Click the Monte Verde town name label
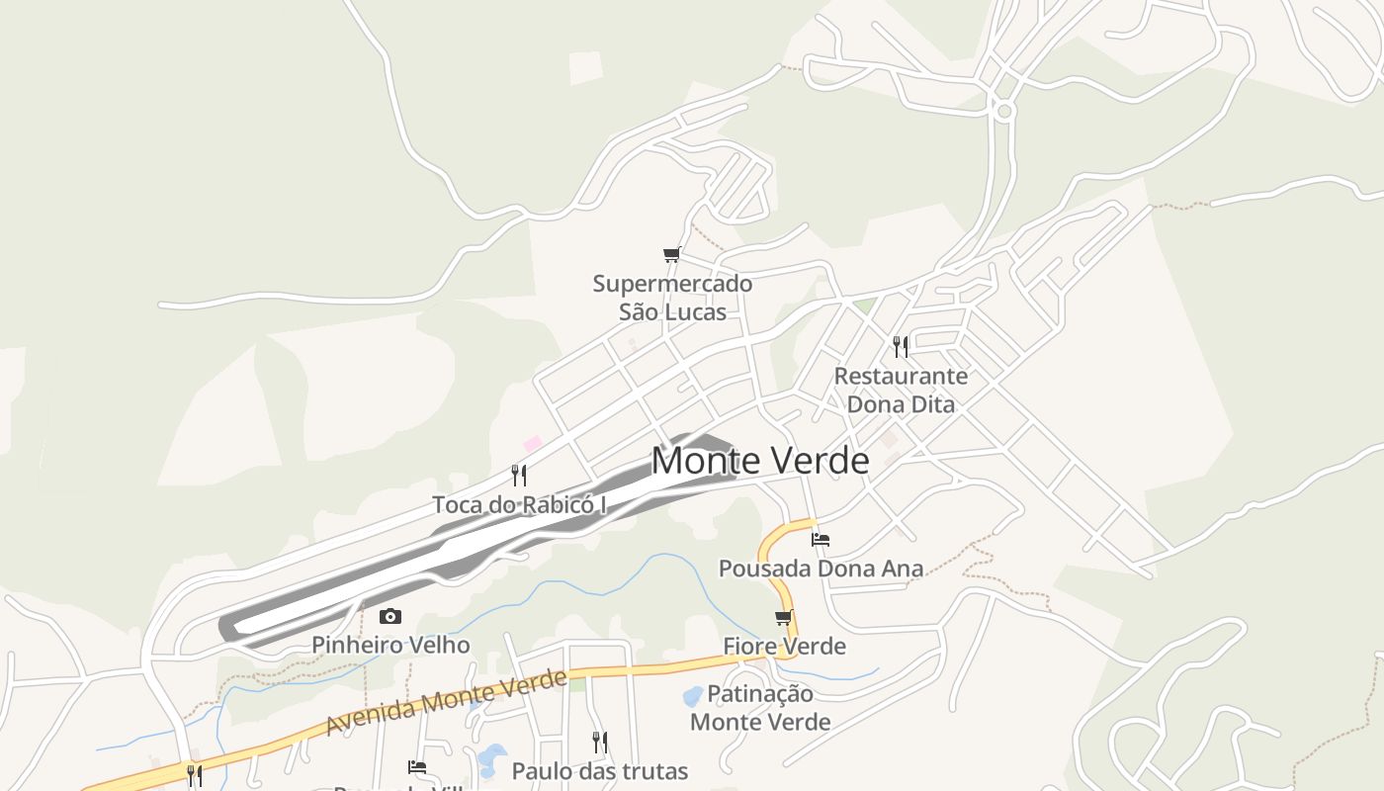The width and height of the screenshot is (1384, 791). tap(760, 461)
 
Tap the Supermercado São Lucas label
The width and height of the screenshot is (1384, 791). tap(672, 298)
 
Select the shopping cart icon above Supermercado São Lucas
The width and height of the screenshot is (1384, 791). tap(672, 255)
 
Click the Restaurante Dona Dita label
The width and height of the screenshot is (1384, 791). tap(901, 390)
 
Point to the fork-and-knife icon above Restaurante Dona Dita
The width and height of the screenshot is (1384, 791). tap(901, 346)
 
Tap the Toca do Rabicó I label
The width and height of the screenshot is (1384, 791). tap(519, 504)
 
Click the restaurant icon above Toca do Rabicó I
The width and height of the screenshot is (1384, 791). tap(519, 475)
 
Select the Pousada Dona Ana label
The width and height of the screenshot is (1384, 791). tap(821, 569)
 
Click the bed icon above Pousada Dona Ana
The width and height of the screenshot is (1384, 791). tap(821, 540)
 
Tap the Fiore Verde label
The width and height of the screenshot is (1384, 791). tap(784, 647)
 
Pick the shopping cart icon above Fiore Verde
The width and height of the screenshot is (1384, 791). tap(784, 618)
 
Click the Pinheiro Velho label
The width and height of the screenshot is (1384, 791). tap(390, 645)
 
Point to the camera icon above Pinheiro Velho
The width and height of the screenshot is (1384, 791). tap(390, 617)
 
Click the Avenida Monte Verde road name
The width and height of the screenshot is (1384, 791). tap(446, 701)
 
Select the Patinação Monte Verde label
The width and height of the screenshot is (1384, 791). tap(760, 708)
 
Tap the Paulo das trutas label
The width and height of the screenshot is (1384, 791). tap(599, 770)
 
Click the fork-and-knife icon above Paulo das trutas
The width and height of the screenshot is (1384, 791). tap(599, 742)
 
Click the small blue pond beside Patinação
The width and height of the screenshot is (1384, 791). tap(693, 696)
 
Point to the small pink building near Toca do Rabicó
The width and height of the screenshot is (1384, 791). tap(533, 444)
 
